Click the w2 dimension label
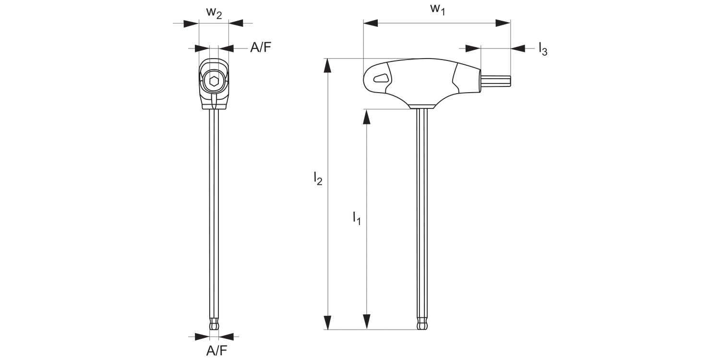pos(214,13)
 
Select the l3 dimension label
pos(542,48)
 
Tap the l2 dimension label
pos(318,179)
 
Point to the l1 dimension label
pos(356,218)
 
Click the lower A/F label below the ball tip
pos(216,351)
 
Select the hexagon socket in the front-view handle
pos(214,81)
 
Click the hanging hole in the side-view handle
pos(381,78)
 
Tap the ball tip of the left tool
pos(214,325)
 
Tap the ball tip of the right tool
pos(422,325)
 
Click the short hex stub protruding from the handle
pos(496,81)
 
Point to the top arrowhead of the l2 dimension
pos(328,66)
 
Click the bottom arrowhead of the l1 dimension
pos(367,322)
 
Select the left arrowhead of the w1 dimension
pos(371,23)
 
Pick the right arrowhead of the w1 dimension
pos(503,23)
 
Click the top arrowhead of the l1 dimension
pos(367,116)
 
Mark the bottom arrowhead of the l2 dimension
pos(328,322)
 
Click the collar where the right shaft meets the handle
pos(422,106)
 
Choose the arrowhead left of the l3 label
pos(473,48)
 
